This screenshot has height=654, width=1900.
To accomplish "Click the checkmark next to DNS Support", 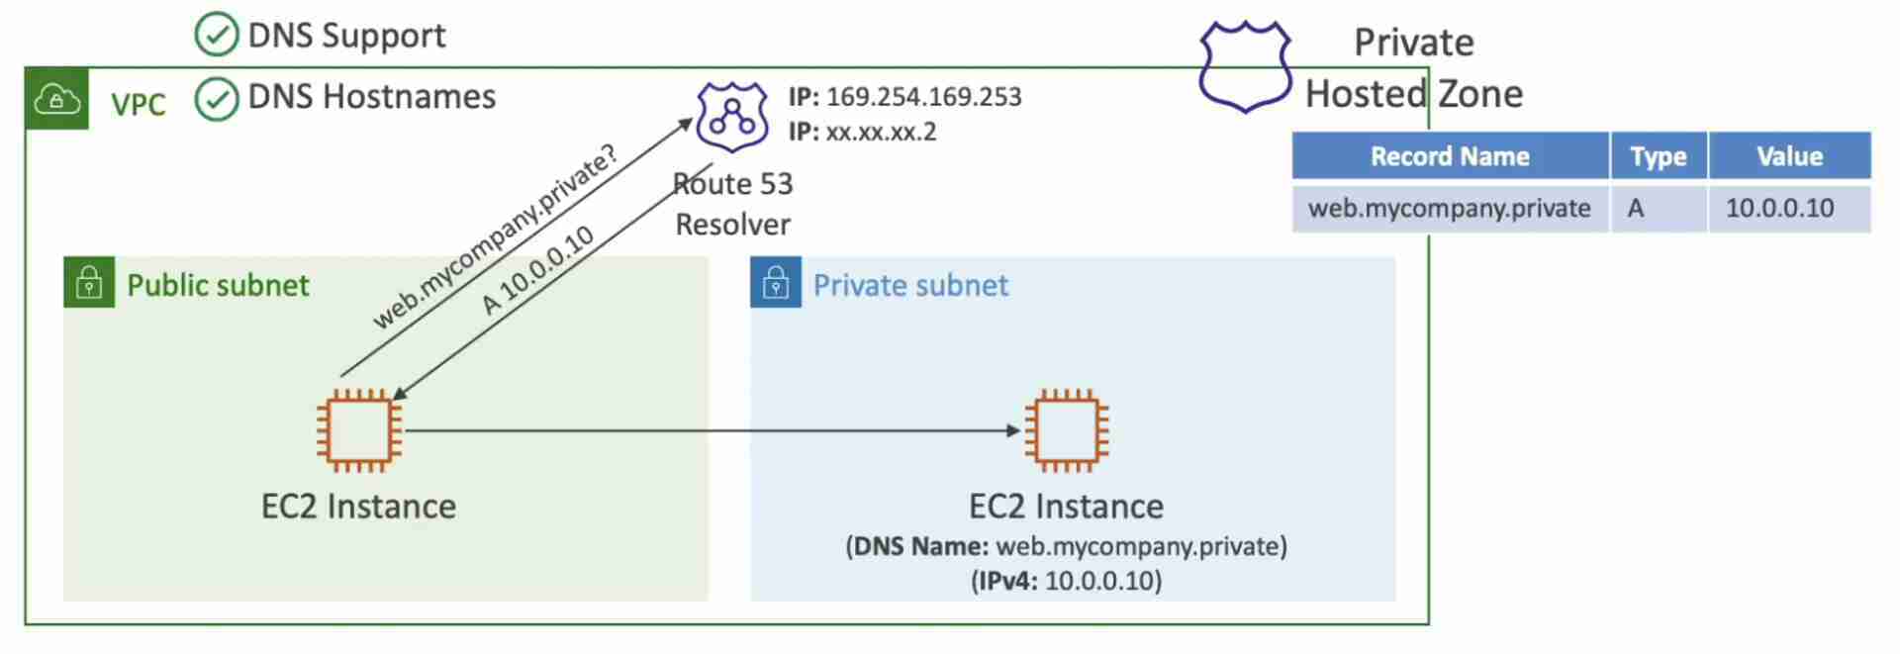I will pos(217,36).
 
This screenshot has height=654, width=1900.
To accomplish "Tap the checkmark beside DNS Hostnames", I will pos(217,98).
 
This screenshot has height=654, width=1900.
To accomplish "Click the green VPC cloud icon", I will pos(57,100).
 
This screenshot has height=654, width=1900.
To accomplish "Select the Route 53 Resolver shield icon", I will pos(732,117).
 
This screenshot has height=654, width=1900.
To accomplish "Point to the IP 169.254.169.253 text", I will pos(904,97).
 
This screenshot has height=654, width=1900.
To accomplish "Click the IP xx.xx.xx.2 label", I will pos(862,132).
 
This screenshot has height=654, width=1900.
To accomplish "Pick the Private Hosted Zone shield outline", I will pos(1245,66).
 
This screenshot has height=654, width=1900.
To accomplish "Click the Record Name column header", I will pos(1450,156).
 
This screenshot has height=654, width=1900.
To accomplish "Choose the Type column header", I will pos(1658,156).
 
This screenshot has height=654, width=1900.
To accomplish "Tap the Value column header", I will pos(1789,156).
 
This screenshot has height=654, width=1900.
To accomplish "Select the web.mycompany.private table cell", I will pos(1450,209).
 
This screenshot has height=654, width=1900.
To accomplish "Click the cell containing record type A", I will pos(1658,209).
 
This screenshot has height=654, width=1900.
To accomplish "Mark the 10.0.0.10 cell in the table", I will pos(1789,209).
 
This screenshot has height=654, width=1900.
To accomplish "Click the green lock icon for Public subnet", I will pos(89,283).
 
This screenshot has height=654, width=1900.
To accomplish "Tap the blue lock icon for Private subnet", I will pos(776,283).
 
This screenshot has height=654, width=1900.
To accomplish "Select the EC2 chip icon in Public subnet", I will pos(359,430).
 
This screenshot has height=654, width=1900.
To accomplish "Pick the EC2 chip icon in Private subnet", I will pos(1067,430).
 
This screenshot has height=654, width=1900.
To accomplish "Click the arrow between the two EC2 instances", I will pos(712,430).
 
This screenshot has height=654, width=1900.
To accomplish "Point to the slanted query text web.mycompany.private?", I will pos(495,237).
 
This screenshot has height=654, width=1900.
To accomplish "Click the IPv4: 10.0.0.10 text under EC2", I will pos(1067,581).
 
